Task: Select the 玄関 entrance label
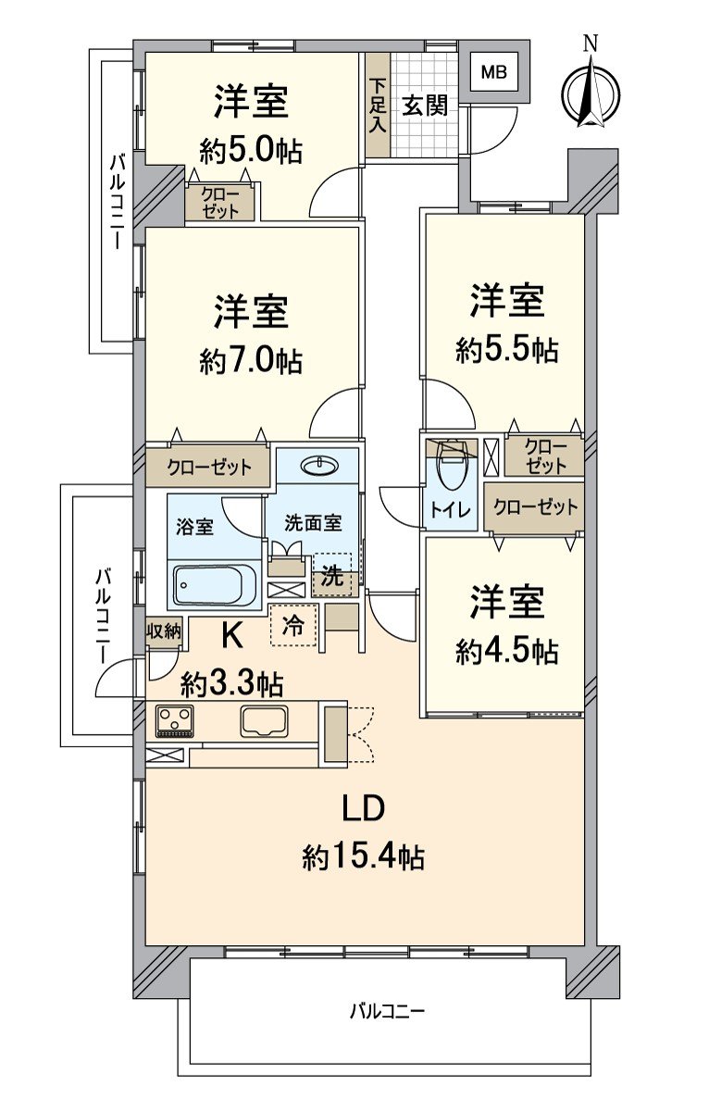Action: pos(424,106)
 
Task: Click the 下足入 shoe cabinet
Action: pos(377,106)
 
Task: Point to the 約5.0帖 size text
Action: pos(250,150)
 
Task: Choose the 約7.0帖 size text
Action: pos(250,360)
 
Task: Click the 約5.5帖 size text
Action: pos(505,350)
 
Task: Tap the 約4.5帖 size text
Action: pos(505,651)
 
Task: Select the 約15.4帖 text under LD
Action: pos(363,857)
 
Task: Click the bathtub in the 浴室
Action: pos(216,584)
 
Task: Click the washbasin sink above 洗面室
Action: pos(317,465)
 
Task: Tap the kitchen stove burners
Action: pos(174,719)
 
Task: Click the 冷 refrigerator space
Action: pos(292,626)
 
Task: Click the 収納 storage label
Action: pos(163,631)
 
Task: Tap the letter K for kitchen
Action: pos(231,635)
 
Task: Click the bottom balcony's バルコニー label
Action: pos(387,1011)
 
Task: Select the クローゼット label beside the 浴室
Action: pos(209,468)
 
